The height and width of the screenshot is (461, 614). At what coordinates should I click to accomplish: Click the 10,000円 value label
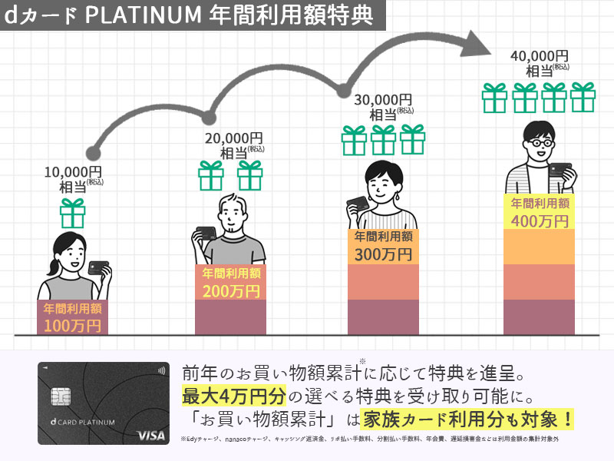(73, 171)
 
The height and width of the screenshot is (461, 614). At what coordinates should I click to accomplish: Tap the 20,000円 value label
(233, 138)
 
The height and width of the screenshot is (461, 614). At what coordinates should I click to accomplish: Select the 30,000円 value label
(382, 100)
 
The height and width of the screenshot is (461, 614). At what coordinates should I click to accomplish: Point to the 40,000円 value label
(539, 56)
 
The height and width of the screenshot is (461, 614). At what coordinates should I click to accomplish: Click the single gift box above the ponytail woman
(73, 213)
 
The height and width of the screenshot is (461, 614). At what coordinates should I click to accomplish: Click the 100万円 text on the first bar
(72, 326)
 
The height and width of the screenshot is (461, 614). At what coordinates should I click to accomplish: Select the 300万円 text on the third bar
(383, 254)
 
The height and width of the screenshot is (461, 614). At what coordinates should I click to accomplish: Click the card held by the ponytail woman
(97, 268)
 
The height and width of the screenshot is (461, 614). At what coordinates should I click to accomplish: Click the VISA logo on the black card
(151, 436)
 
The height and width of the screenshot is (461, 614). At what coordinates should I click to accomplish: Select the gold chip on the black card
(58, 397)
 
